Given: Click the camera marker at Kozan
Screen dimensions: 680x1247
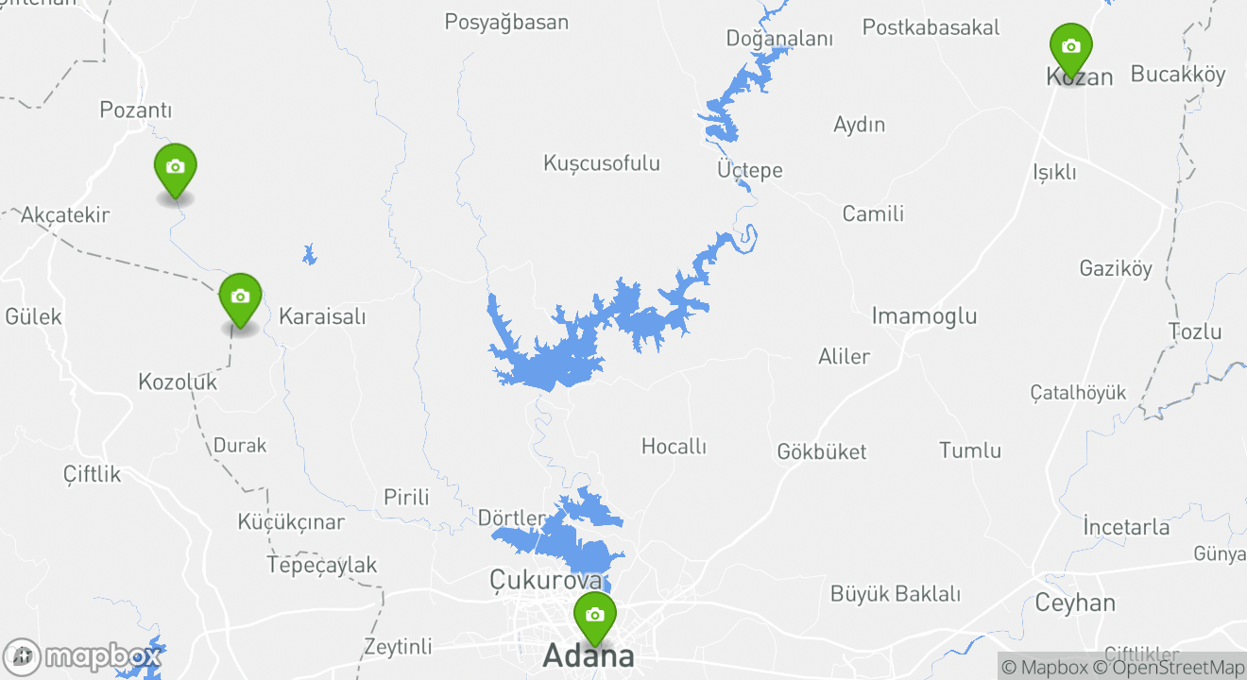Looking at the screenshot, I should pyautogui.click(x=1071, y=47).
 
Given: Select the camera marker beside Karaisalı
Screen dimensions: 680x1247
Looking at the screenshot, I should pyautogui.click(x=240, y=297).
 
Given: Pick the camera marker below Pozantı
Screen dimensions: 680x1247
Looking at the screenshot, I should pyautogui.click(x=175, y=168).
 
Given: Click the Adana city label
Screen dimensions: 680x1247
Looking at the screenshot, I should pyautogui.click(x=588, y=655).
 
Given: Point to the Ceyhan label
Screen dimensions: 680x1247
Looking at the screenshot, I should pyautogui.click(x=1075, y=603).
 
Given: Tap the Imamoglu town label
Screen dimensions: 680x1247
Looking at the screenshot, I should pyautogui.click(x=924, y=315).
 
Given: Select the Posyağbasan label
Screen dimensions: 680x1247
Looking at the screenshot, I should pyautogui.click(x=506, y=22).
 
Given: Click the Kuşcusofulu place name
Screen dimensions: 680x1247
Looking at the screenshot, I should pyautogui.click(x=602, y=163).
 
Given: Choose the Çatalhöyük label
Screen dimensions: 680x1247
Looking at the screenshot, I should pyautogui.click(x=1078, y=393).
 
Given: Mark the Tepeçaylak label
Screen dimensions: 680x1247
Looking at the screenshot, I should pyautogui.click(x=322, y=565).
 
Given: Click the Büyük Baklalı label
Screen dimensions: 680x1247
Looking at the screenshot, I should pyautogui.click(x=896, y=594).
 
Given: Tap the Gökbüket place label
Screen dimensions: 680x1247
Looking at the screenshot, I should pyautogui.click(x=822, y=451).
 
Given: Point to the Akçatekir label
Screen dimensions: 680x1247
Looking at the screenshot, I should pyautogui.click(x=65, y=214).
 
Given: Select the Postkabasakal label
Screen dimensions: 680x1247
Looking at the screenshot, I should pyautogui.click(x=931, y=27).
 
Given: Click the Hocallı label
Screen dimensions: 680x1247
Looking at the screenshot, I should pyautogui.click(x=674, y=446).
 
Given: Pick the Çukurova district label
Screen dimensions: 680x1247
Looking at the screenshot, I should pyautogui.click(x=546, y=579).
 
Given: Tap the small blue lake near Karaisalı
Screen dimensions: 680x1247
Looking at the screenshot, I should pyautogui.click(x=309, y=255).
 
